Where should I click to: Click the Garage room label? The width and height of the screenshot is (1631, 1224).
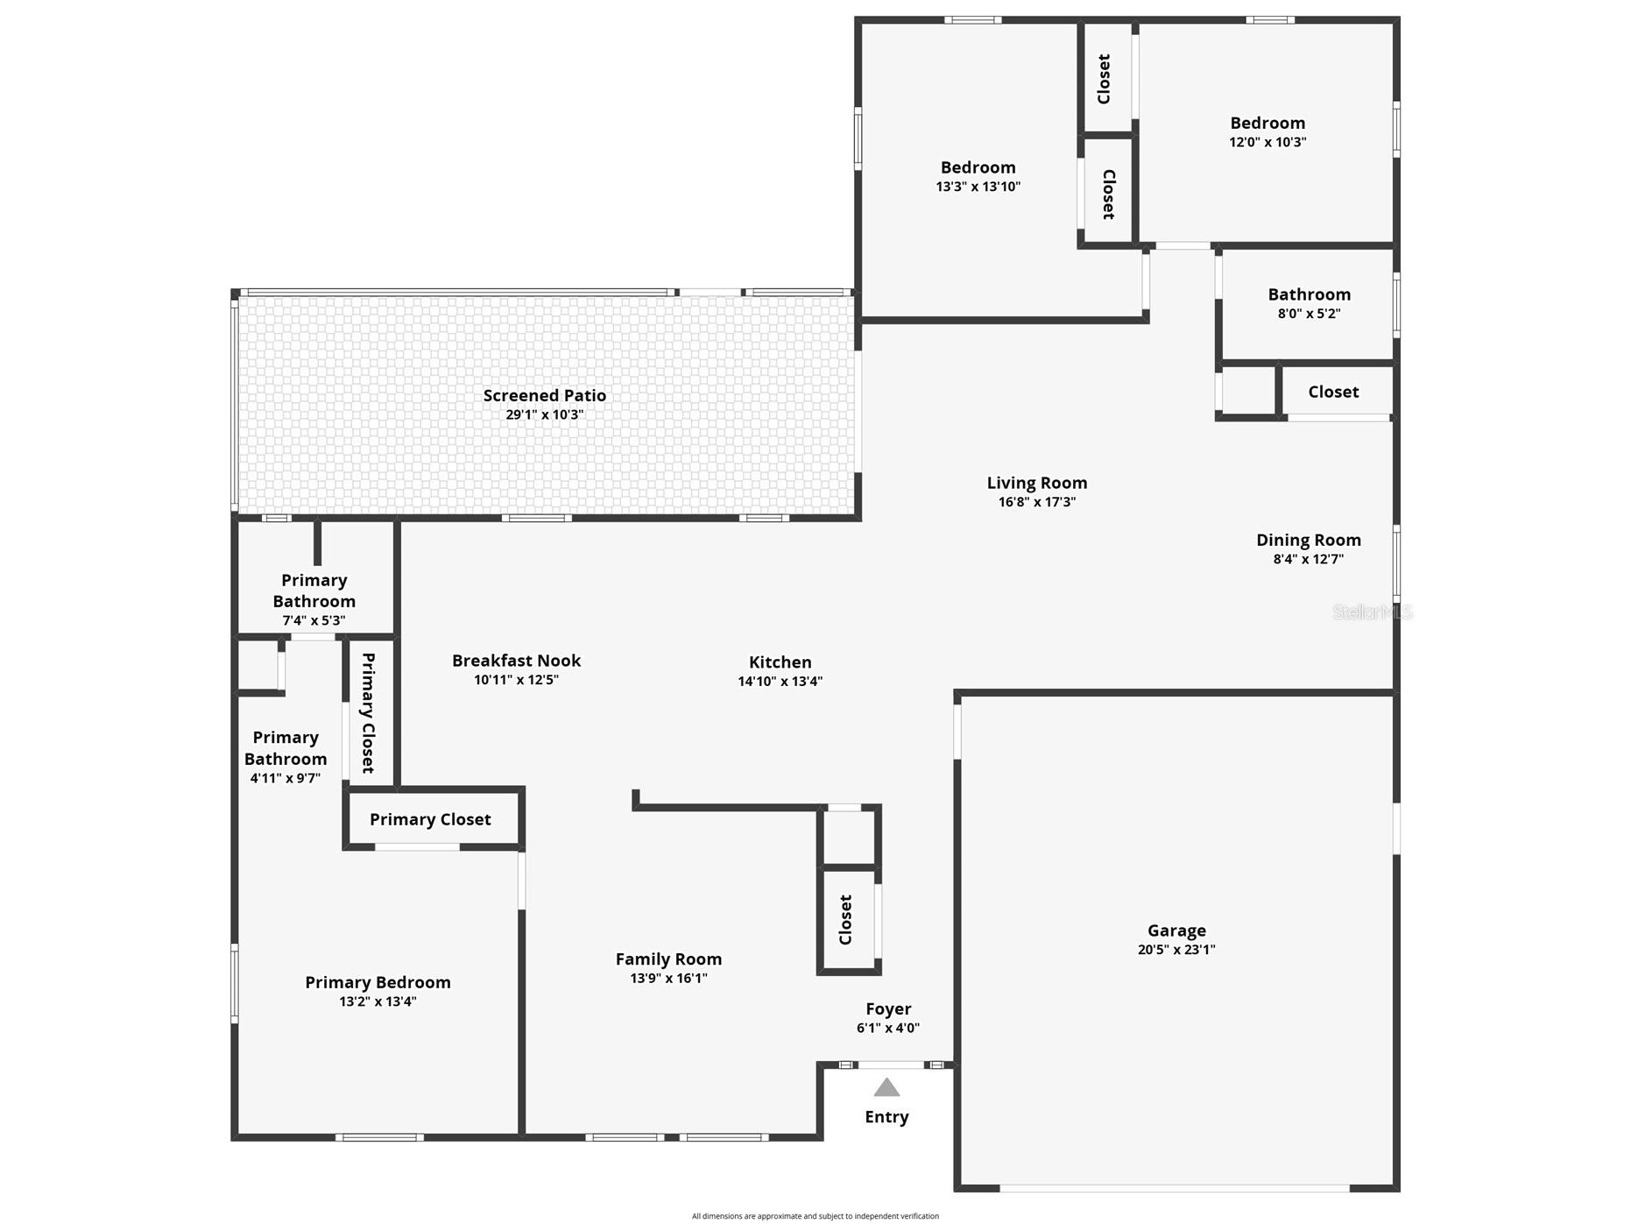pyautogui.click(x=1176, y=930)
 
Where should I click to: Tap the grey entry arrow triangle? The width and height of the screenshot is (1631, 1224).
pyautogui.click(x=886, y=1087)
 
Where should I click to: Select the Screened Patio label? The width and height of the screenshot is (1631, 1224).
pyautogui.click(x=545, y=395)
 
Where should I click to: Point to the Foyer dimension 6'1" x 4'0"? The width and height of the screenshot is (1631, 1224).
pyautogui.click(x=888, y=1029)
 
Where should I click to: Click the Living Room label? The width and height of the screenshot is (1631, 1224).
pyautogui.click(x=1037, y=483)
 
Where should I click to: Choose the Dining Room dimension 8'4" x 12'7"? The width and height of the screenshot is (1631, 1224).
pyautogui.click(x=1309, y=559)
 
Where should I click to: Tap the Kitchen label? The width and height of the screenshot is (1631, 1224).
pyautogui.click(x=780, y=662)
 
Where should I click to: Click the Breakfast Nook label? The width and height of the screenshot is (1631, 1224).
pyautogui.click(x=517, y=661)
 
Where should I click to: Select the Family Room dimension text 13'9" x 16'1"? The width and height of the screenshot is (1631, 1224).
pyautogui.click(x=669, y=979)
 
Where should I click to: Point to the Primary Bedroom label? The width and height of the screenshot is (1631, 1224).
pyautogui.click(x=378, y=983)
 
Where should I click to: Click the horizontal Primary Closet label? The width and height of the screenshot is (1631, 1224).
pyautogui.click(x=430, y=819)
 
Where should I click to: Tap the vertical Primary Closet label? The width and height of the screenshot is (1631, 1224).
pyautogui.click(x=369, y=712)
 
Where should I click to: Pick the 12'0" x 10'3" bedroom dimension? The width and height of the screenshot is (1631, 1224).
pyautogui.click(x=1267, y=142)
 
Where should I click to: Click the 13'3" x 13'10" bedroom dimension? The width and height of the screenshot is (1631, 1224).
pyautogui.click(x=978, y=187)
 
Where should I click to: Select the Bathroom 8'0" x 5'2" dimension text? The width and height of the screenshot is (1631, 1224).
pyautogui.click(x=1310, y=314)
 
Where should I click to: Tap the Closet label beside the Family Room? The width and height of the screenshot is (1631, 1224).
pyautogui.click(x=845, y=920)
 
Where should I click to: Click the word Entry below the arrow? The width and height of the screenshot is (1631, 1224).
pyautogui.click(x=886, y=1117)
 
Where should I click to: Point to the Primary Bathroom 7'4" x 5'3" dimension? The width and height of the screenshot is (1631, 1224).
pyautogui.click(x=314, y=620)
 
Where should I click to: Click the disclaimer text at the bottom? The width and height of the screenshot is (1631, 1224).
pyautogui.click(x=815, y=1216)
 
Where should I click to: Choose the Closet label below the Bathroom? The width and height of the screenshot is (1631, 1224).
pyautogui.click(x=1333, y=392)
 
